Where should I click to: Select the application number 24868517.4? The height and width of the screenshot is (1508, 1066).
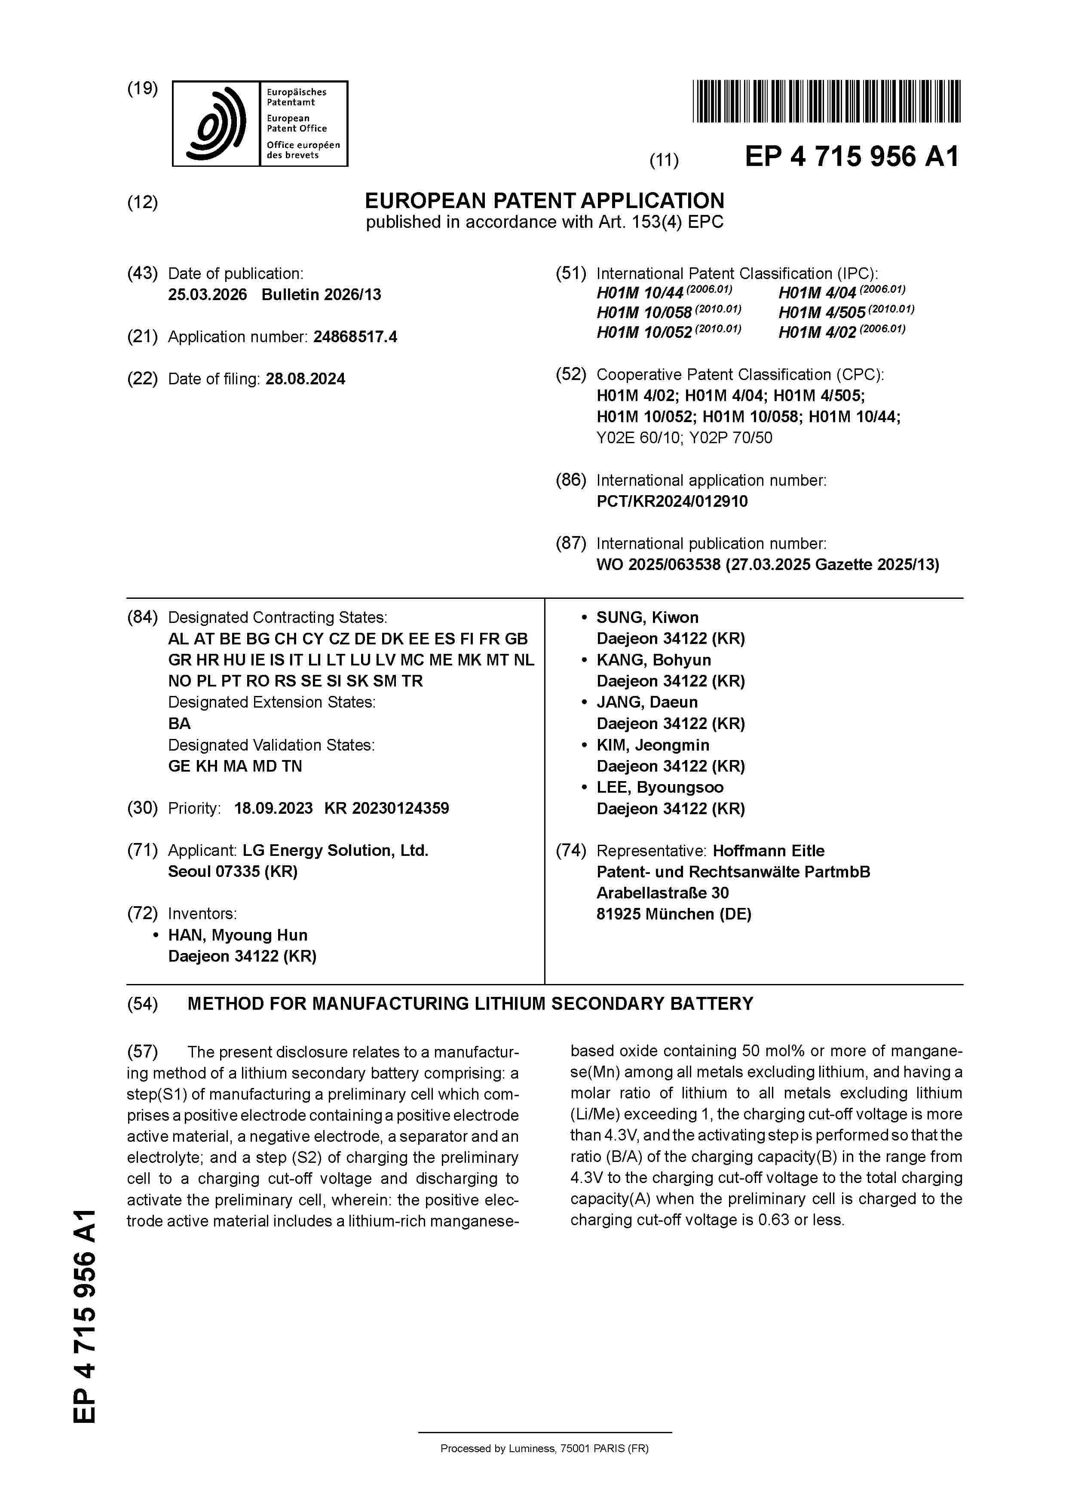[355, 337]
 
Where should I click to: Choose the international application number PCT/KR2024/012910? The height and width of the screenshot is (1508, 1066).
[672, 502]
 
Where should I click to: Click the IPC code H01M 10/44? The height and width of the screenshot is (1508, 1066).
[640, 293]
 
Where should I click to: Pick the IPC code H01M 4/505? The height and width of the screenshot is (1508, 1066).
[822, 313]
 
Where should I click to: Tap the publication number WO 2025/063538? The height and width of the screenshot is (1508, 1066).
[658, 565]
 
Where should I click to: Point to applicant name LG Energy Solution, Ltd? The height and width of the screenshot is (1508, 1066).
[335, 851]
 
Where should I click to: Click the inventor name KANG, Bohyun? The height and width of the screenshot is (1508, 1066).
[653, 660]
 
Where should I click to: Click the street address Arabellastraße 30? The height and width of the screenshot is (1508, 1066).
[662, 893]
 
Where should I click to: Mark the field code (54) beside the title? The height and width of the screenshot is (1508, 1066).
[143, 1004]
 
